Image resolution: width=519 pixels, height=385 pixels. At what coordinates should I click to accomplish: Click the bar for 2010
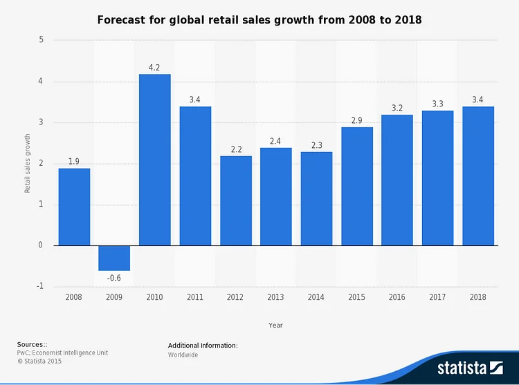(155, 160)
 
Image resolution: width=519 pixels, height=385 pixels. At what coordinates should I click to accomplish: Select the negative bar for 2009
(114, 258)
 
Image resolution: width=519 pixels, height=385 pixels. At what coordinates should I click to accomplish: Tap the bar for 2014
(316, 198)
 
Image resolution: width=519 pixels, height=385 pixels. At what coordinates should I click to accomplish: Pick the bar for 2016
(397, 180)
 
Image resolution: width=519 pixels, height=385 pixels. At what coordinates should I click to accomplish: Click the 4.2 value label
(155, 68)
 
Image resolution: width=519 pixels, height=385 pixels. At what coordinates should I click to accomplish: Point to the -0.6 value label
(114, 278)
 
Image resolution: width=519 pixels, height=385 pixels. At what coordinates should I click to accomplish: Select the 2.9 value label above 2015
(356, 121)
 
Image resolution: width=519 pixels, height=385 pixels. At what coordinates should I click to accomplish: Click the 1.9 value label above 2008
(74, 162)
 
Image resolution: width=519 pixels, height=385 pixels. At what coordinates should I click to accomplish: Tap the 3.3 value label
(437, 104)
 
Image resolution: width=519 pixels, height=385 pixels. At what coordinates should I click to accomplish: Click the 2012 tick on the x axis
(236, 297)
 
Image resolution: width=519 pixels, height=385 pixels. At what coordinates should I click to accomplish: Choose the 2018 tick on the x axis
(477, 297)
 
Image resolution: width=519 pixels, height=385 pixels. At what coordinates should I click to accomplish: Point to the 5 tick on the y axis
(41, 40)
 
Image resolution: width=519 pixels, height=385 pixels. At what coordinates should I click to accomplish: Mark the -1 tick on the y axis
(39, 286)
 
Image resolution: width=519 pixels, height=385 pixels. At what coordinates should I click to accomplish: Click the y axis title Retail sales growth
(28, 163)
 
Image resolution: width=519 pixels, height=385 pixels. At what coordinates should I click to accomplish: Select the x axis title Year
(275, 325)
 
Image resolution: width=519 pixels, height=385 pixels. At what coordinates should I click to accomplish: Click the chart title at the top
(259, 20)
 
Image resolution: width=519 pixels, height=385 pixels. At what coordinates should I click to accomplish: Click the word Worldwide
(183, 355)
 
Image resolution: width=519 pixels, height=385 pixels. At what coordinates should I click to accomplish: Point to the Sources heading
(33, 344)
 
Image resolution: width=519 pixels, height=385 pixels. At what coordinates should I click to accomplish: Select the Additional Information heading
(203, 345)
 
